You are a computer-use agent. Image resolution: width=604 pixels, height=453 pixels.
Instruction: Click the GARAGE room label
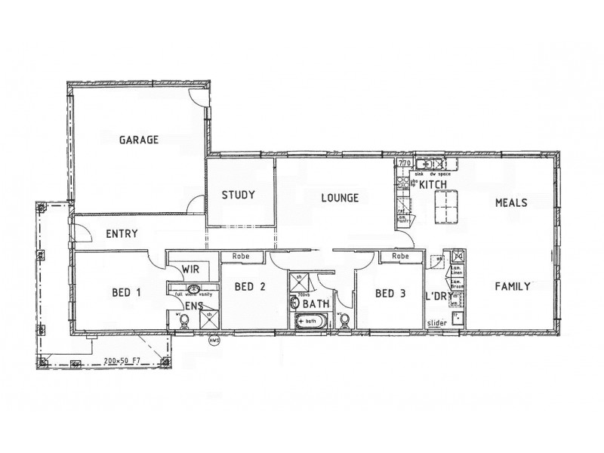coord(139,140)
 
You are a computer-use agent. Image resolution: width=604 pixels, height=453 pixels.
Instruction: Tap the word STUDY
coord(238,195)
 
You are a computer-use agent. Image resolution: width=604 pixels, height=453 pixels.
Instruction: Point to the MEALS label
coord(511,202)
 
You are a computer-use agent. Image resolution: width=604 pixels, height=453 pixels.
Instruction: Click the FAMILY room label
coord(512,286)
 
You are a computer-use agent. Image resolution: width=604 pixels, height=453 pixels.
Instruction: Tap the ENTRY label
coord(122,234)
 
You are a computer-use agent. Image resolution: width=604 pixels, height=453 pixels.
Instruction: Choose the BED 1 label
coord(126,292)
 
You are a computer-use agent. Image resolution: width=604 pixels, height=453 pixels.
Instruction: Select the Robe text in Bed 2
coord(241,256)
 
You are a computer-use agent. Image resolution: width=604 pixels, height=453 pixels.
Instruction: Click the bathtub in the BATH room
coord(310,321)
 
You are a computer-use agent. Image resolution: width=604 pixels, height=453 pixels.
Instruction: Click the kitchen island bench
coord(451,208)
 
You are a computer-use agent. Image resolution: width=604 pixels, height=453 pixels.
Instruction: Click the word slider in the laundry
coord(437,323)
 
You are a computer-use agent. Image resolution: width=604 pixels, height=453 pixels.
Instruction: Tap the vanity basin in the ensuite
coord(193,289)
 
